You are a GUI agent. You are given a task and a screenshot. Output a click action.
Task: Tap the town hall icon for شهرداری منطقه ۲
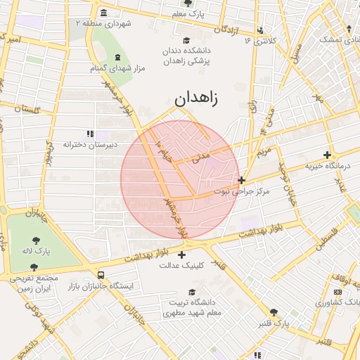104,13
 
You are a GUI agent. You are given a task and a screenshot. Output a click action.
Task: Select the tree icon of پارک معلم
186,3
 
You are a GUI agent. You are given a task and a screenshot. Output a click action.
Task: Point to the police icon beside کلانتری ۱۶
262,30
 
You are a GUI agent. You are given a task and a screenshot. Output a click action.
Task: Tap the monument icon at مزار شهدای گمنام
117,57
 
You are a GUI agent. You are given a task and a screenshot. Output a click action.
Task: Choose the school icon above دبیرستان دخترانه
90,134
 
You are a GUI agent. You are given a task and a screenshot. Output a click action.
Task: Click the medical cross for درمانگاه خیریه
327,155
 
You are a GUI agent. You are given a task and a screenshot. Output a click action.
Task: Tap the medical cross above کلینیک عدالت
182,255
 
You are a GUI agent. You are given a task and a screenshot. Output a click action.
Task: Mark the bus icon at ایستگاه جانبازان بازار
102,276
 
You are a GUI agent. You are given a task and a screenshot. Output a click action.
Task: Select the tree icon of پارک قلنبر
274,312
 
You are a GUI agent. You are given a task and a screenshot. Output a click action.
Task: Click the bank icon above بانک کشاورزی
338,292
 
